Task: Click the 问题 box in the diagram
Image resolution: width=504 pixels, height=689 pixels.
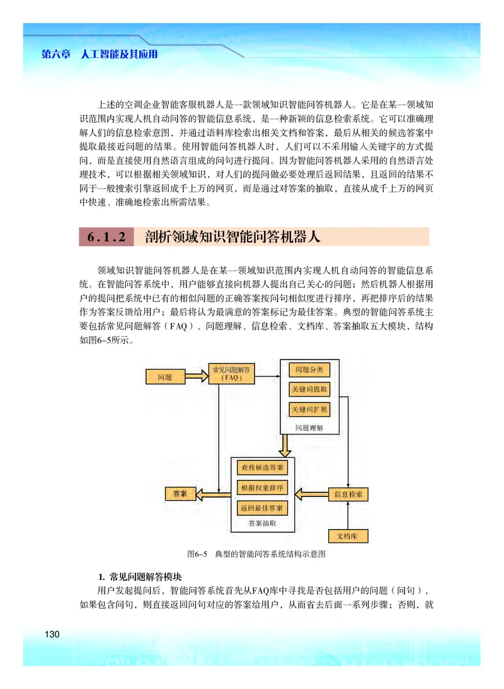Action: click(x=164, y=377)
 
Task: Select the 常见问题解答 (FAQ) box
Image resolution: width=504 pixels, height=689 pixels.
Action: click(x=231, y=374)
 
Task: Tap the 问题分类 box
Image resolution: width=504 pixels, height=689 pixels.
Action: click(x=309, y=370)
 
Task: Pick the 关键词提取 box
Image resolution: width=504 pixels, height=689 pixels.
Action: click(x=309, y=390)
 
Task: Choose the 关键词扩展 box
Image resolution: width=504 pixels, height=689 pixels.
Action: click(x=309, y=409)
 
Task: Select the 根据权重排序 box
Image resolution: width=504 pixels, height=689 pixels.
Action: click(x=261, y=487)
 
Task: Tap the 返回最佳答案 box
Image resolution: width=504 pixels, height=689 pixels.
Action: click(x=261, y=508)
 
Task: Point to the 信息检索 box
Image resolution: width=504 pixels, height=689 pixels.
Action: click(x=348, y=494)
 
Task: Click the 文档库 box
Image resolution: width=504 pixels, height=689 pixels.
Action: click(x=348, y=536)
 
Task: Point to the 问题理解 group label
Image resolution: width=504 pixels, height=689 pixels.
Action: click(x=309, y=428)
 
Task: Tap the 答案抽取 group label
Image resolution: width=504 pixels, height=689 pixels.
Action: click(x=261, y=523)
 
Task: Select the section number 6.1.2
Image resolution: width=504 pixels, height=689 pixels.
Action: click(x=107, y=237)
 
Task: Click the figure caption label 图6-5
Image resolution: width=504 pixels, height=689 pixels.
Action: click(x=197, y=555)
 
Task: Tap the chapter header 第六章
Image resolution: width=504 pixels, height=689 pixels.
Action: click(x=55, y=55)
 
